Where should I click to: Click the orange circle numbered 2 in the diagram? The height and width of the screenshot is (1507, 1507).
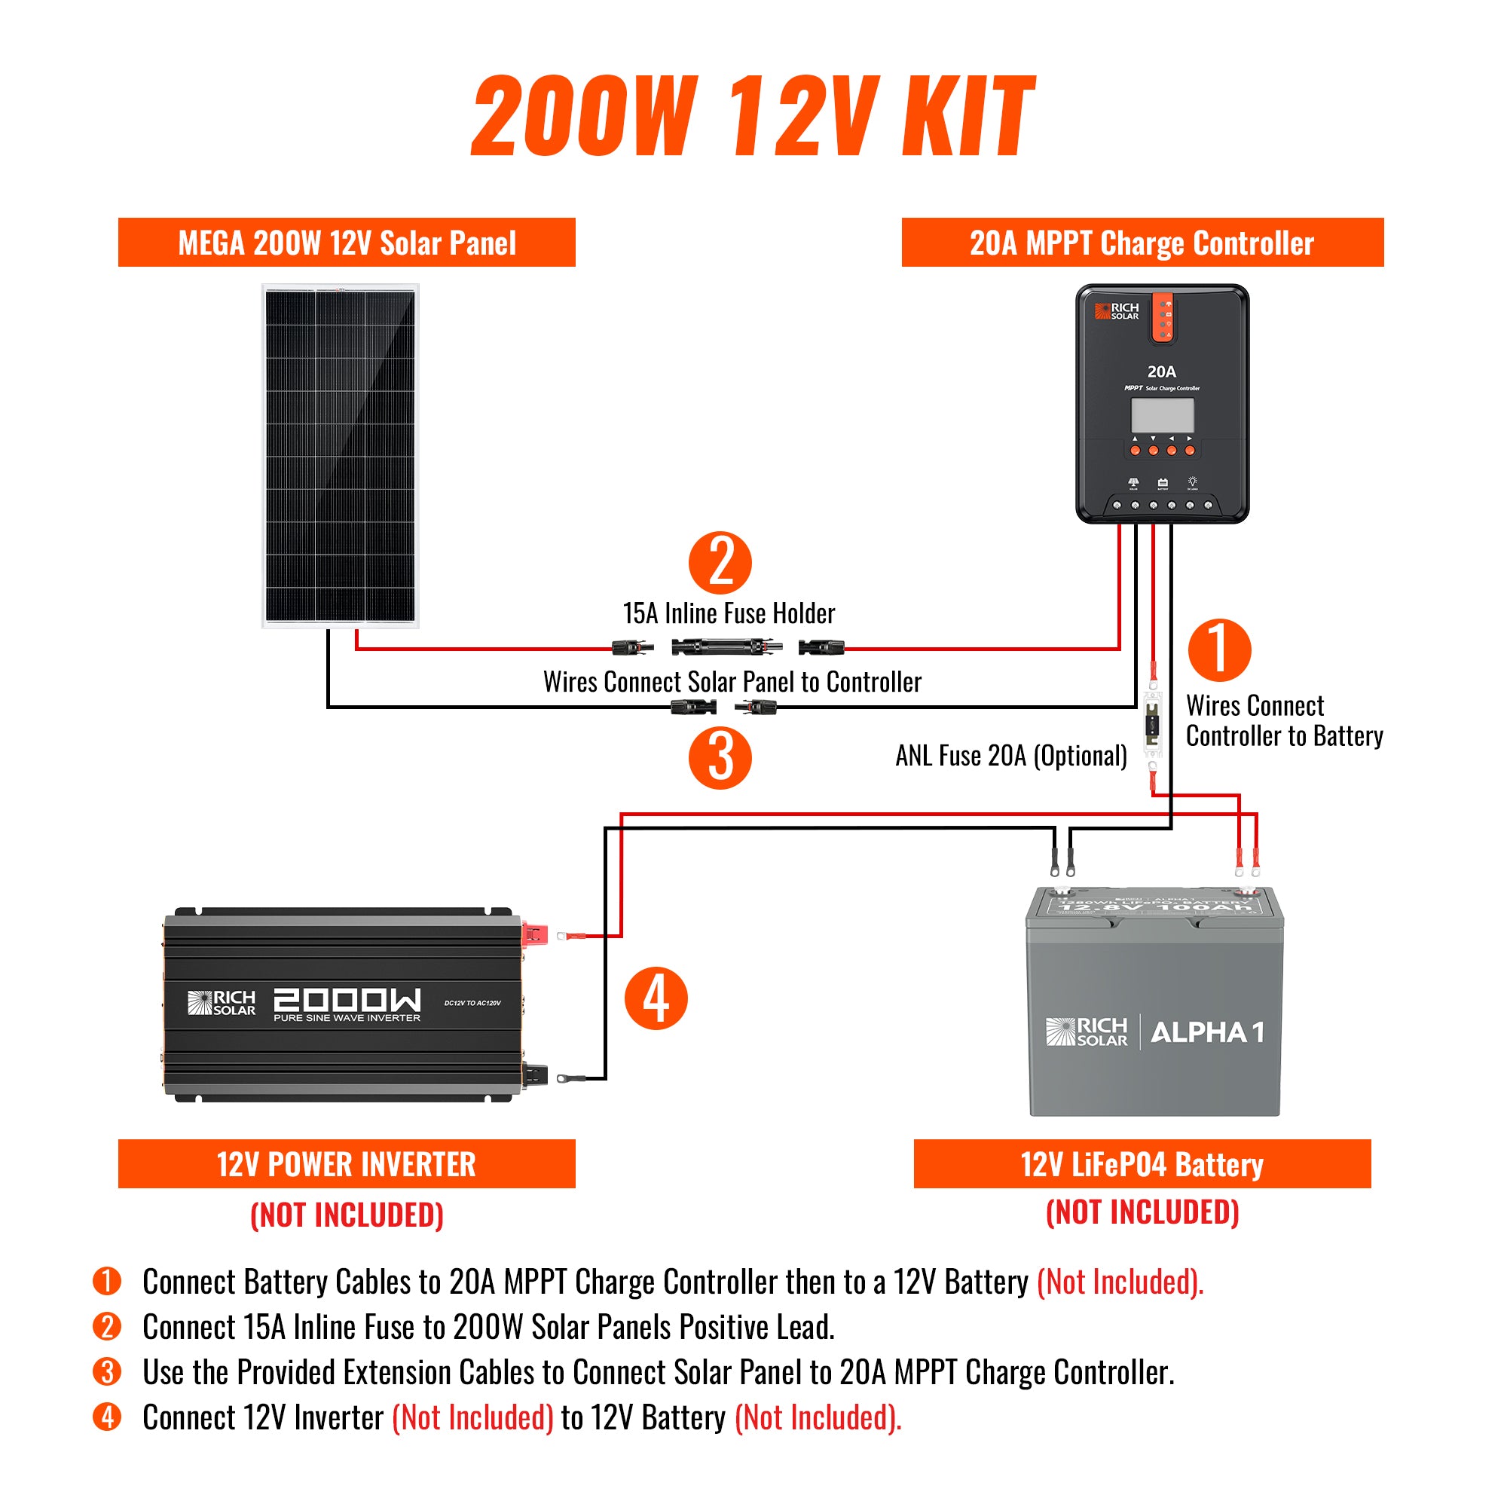719,562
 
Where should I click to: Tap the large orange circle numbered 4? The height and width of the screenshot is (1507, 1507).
656,998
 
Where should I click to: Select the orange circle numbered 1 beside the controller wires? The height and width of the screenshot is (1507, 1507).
1219,650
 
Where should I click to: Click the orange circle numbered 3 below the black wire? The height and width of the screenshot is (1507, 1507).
719,757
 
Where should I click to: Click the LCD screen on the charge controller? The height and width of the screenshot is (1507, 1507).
1162,415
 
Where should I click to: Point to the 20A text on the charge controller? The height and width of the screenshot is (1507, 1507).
1161,371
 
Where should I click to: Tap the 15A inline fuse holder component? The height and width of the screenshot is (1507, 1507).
727,647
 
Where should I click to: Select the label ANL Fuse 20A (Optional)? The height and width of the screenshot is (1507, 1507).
1011,755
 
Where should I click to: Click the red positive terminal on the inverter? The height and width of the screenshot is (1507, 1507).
535,932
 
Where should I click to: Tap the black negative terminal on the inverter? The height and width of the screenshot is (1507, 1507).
535,1076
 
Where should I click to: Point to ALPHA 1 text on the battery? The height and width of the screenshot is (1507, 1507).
1206,1032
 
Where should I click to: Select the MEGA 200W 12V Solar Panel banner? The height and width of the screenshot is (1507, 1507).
347,243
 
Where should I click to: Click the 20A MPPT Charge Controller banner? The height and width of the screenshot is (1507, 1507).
1142,243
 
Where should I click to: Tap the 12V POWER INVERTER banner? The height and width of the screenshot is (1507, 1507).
347,1164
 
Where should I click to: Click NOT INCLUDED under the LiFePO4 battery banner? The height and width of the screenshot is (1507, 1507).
1142,1212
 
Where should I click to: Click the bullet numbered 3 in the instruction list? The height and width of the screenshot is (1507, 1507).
107,1371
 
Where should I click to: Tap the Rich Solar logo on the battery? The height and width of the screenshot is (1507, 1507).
1087,1032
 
